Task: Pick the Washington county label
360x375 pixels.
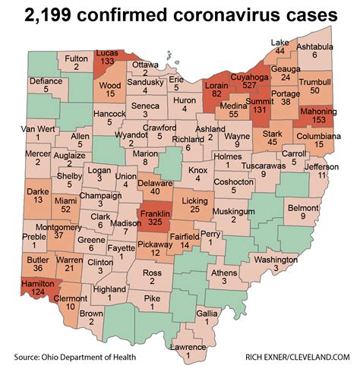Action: pos(275,258)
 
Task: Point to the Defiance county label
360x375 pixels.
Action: pos(45,80)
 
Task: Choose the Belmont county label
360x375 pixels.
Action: pos(303,206)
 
